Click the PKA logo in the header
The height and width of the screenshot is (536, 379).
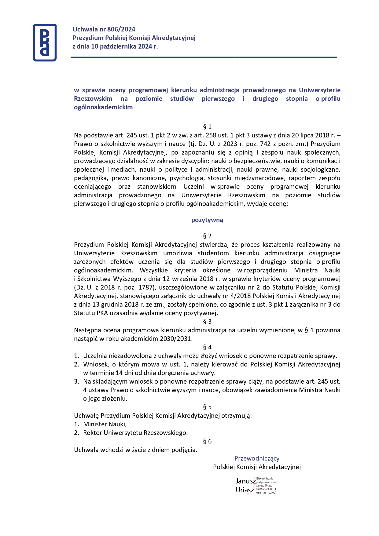tap(45, 42)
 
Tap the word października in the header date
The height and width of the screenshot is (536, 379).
tap(115, 46)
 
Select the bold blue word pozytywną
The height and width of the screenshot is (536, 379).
tap(207, 220)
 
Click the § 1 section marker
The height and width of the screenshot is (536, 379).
tap(207, 127)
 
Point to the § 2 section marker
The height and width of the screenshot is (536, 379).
tap(207, 236)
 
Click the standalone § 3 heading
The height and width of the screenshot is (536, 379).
tap(207, 322)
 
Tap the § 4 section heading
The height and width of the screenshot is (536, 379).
tap(207, 347)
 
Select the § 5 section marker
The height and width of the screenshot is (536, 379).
tap(207, 407)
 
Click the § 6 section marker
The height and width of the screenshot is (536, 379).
tap(207, 441)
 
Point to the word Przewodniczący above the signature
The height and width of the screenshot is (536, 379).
tap(257, 458)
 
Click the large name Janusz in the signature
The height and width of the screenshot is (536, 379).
tap(245, 481)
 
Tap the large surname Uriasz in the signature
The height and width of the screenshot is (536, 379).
tap(245, 490)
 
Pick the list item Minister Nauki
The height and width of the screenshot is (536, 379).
tap(105, 424)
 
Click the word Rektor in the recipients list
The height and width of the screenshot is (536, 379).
tap(93, 433)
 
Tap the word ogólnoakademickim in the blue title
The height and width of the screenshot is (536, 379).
tap(103, 107)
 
